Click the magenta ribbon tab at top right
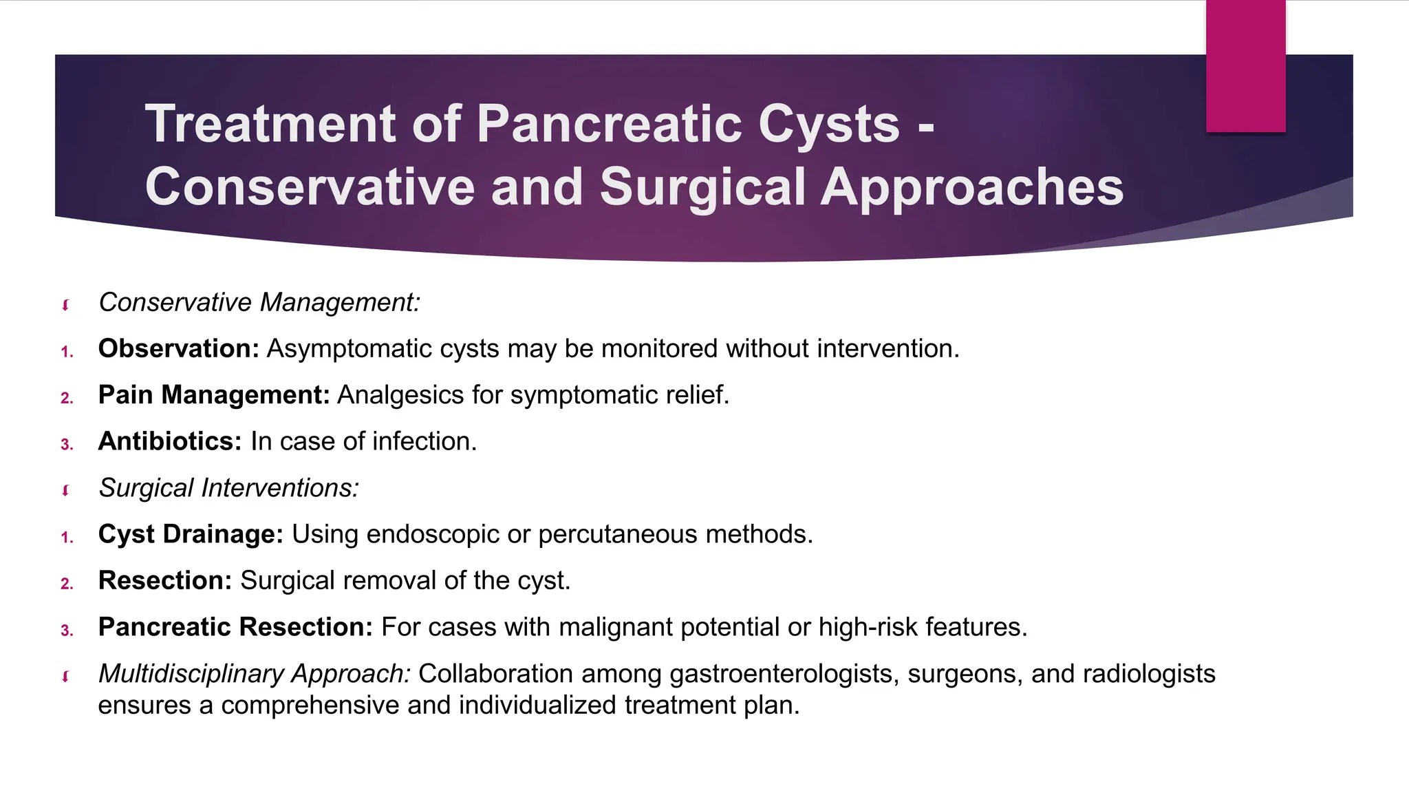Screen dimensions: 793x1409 pos(1245,66)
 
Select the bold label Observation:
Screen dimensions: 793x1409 pos(178,349)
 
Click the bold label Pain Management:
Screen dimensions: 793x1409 pos(214,395)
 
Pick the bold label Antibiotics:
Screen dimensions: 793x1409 pos(170,441)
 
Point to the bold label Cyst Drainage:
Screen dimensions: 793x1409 pos(191,534)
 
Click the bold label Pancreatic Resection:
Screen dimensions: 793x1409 pos(235,627)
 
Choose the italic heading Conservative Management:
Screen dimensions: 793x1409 pos(259,303)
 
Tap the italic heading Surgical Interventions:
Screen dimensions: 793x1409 pos(228,488)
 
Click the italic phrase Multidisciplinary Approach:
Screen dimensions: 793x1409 pos(254,673)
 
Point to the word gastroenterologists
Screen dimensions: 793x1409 pos(784,673)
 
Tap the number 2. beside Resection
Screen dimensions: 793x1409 pos(67,584)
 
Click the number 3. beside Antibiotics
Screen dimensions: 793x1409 pos(67,445)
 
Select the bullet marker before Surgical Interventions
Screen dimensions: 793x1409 pos(66,490)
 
